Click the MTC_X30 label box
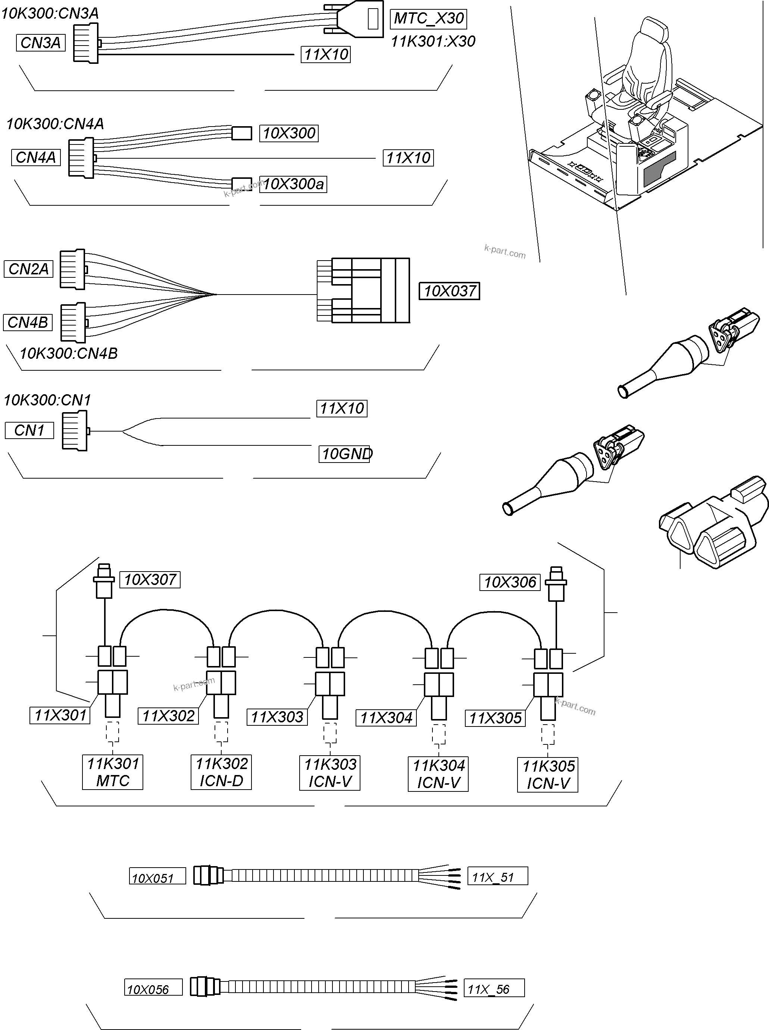click(428, 19)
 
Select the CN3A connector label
click(41, 43)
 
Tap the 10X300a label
click(293, 184)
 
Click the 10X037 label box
click(449, 291)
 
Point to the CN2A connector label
click(28, 269)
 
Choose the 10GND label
click(345, 454)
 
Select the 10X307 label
click(150, 580)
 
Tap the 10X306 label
click(510, 582)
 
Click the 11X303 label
click(277, 717)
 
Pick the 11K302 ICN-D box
click(221, 772)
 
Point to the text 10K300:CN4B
click(69, 354)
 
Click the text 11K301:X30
click(433, 41)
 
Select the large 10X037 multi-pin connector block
click(368, 290)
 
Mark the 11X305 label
click(495, 718)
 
